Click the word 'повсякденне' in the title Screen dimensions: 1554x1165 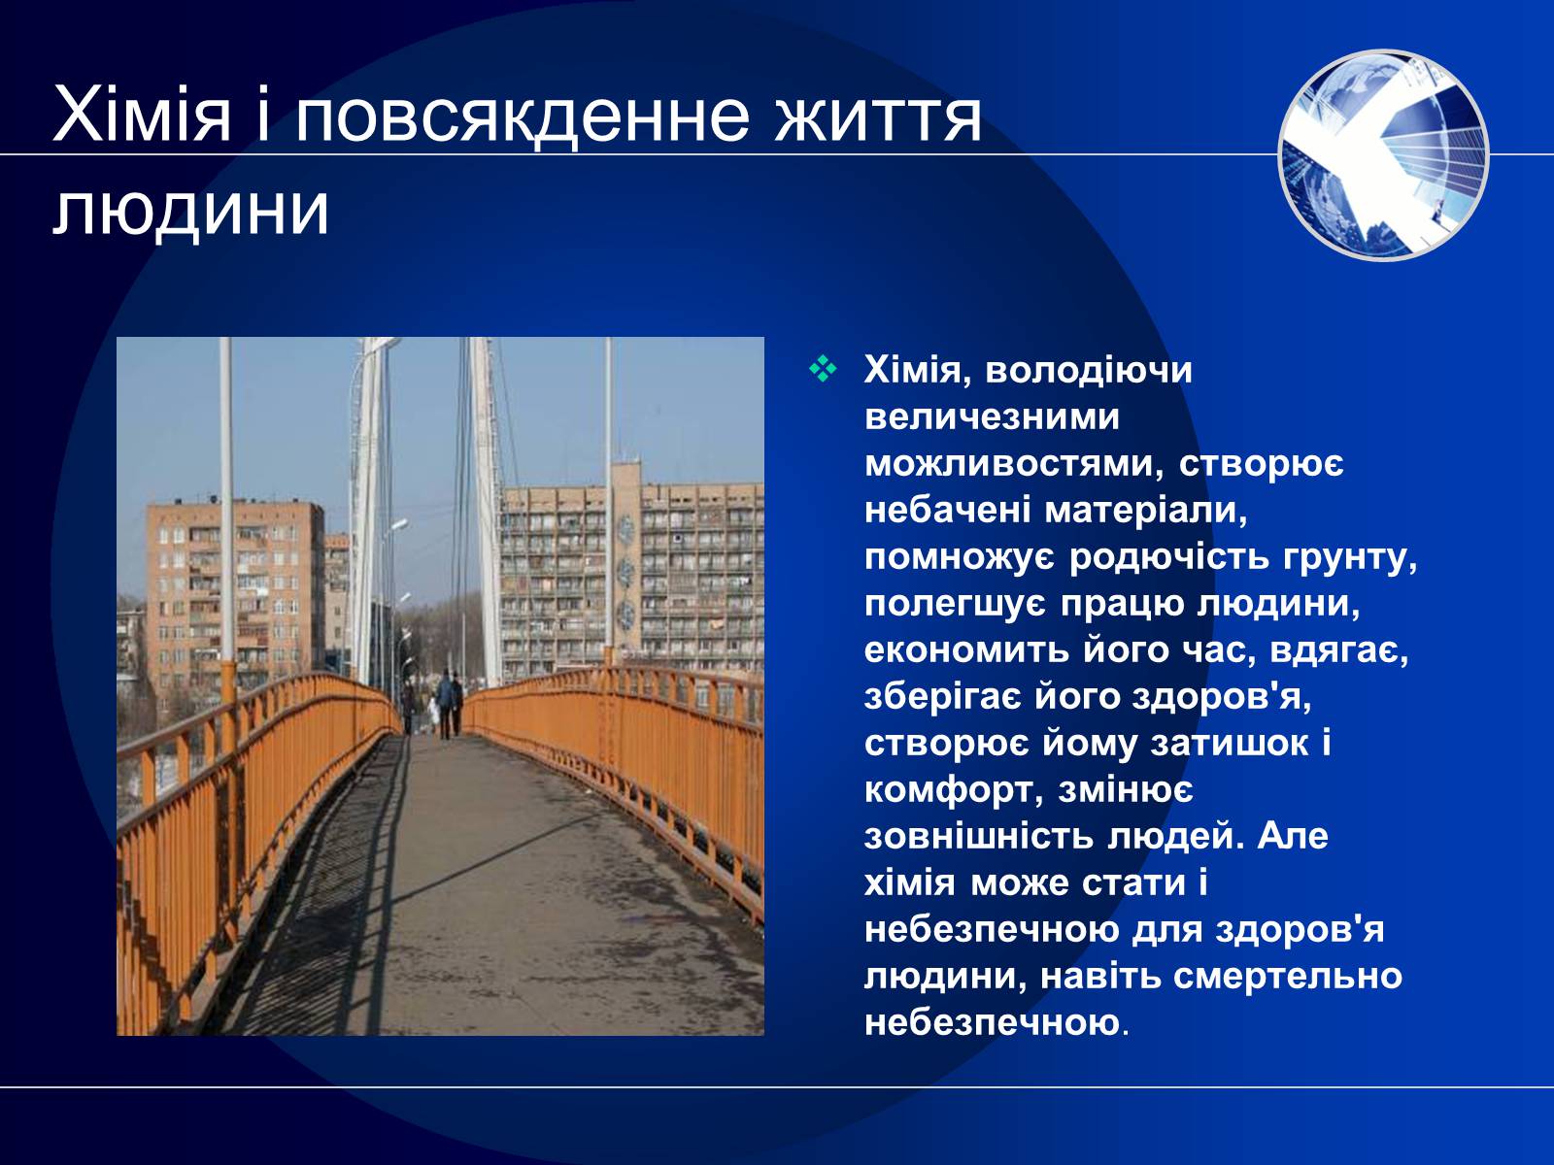(x=522, y=116)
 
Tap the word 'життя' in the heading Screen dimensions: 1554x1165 (x=878, y=116)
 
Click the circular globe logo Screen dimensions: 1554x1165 (x=1383, y=155)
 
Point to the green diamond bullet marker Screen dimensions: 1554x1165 (x=823, y=369)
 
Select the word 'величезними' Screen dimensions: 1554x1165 (x=992, y=416)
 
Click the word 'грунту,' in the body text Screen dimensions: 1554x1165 (x=1351, y=557)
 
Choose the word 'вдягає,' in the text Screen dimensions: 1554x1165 (x=1339, y=650)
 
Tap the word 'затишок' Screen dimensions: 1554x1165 (x=1230, y=744)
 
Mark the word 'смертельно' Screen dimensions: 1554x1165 (x=1288, y=976)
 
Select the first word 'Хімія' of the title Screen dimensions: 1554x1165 (x=142, y=116)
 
